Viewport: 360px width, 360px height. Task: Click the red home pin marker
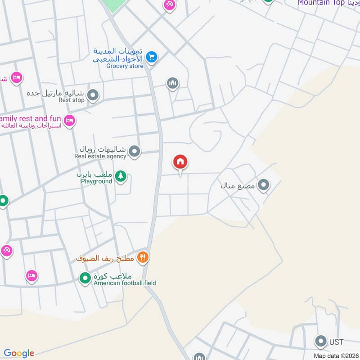pos(180,162)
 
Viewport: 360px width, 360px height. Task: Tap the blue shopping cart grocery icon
pos(152,57)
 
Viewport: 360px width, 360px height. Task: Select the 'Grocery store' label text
pos(125,66)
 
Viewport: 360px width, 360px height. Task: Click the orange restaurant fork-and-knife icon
pos(143,257)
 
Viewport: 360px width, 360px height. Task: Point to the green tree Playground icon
pos(120,176)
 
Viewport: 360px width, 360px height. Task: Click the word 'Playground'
pos(96,181)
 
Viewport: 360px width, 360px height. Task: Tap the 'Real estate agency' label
pos(100,157)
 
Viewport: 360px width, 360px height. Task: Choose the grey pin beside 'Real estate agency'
pos(134,152)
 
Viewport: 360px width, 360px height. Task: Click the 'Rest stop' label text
pos(72,100)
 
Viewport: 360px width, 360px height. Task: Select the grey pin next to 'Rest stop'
pos(93,95)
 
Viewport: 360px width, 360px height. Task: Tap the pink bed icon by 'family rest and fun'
pos(69,120)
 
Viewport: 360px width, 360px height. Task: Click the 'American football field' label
pos(125,283)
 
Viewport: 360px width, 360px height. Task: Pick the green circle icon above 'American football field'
pos(85,279)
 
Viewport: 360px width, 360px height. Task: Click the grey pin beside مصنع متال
pos(264,184)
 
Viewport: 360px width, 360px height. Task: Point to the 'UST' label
pos(336,342)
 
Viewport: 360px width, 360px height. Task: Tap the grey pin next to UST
pos(321,342)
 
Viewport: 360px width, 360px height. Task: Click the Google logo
pos(19,353)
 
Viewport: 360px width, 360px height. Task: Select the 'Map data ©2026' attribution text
pos(336,355)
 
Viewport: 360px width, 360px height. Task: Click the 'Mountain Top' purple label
pos(321,3)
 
